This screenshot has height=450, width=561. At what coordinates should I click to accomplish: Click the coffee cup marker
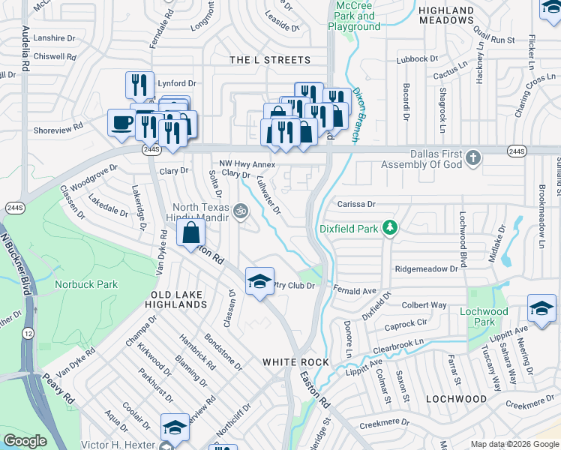(x=121, y=123)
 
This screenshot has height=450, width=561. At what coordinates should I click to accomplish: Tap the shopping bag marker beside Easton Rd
(x=191, y=231)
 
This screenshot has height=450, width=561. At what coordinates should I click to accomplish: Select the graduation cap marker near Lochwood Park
(x=541, y=308)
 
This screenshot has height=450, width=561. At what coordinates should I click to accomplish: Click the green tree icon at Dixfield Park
(x=389, y=226)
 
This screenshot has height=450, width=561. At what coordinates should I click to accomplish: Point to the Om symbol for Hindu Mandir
(x=241, y=211)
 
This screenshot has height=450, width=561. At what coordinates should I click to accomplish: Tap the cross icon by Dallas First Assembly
(x=472, y=157)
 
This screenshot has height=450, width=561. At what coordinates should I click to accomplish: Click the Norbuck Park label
(x=86, y=284)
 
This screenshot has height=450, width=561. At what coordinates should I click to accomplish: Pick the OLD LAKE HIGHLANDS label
(x=178, y=300)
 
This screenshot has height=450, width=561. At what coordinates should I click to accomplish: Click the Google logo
(x=25, y=441)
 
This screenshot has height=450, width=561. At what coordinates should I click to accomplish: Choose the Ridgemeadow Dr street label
(x=427, y=268)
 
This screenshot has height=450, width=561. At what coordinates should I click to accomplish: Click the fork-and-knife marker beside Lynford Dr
(x=139, y=85)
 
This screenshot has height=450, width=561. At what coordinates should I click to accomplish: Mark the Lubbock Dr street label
(x=418, y=58)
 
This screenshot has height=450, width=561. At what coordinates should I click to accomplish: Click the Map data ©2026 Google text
(x=514, y=443)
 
